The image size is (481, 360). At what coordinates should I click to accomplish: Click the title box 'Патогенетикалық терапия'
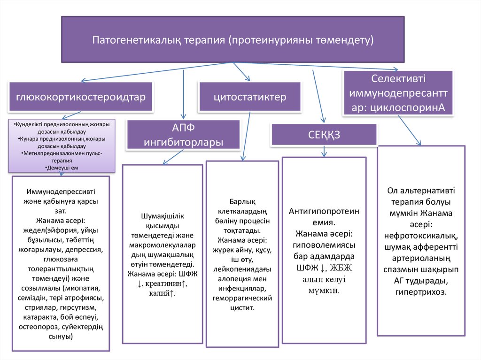click(233, 40)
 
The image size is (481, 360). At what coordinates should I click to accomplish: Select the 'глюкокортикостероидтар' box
click(80, 97)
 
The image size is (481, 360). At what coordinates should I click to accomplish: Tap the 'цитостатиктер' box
click(249, 97)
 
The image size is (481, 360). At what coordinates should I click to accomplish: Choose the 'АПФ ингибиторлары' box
click(184, 135)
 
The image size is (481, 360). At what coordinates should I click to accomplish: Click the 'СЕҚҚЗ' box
click(324, 135)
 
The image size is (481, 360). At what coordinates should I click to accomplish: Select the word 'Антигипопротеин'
click(324, 211)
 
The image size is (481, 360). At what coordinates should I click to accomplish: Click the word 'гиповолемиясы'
click(324, 245)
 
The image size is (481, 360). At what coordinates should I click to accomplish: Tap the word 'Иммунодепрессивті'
click(61, 192)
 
